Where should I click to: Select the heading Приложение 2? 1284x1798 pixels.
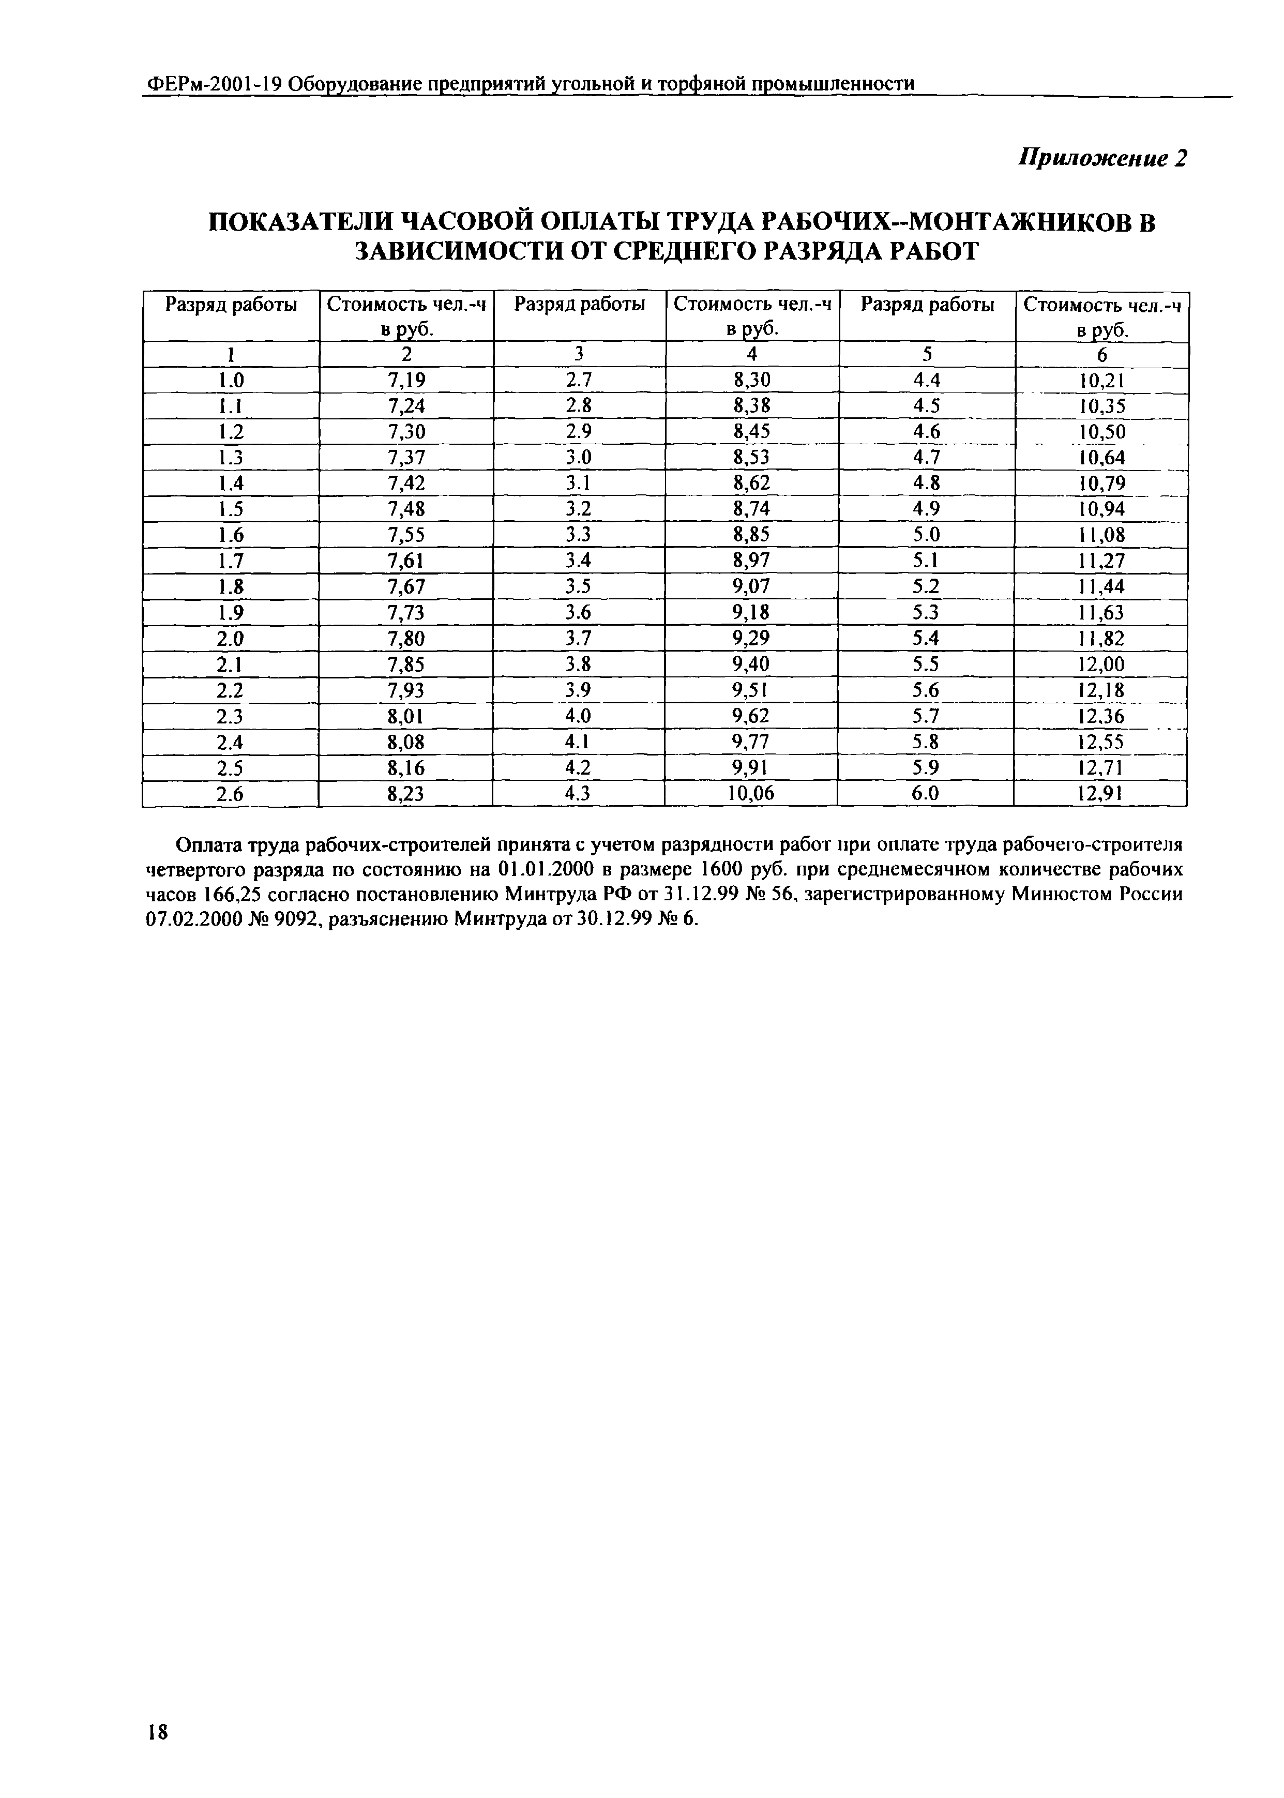click(1103, 158)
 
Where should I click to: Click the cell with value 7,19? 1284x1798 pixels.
click(406, 380)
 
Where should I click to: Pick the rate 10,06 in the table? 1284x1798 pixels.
click(750, 793)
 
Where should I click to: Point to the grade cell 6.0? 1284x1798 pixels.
click(926, 793)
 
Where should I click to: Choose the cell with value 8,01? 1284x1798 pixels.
click(406, 716)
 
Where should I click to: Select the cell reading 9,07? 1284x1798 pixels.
click(751, 586)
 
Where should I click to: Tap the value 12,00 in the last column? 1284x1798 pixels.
click(1101, 664)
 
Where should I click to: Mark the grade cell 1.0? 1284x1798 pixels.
click(231, 380)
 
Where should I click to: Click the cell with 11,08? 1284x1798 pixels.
click(1101, 535)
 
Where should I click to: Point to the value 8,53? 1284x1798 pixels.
click(751, 458)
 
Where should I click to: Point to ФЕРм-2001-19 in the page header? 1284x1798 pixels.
click(214, 84)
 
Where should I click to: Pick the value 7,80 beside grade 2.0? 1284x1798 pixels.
click(406, 638)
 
